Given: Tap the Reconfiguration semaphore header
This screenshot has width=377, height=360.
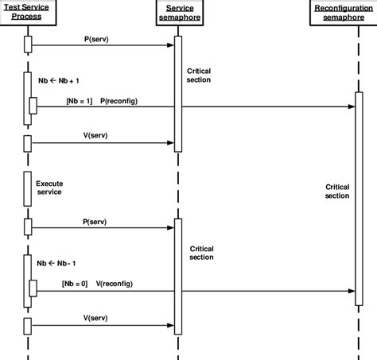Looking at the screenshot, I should click(341, 11).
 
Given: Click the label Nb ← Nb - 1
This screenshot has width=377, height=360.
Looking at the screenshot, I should click(56, 262).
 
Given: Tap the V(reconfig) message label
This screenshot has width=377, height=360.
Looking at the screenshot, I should click(114, 283).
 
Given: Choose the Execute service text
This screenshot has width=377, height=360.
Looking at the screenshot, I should click(49, 188).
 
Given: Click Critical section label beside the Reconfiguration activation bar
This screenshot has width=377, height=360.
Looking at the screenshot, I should click(337, 192).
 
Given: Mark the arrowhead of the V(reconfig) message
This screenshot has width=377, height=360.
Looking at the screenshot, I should click(351, 291).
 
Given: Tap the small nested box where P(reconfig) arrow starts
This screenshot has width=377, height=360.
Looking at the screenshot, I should click(33, 106).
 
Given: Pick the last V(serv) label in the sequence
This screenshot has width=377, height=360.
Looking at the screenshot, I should click(96, 316).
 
